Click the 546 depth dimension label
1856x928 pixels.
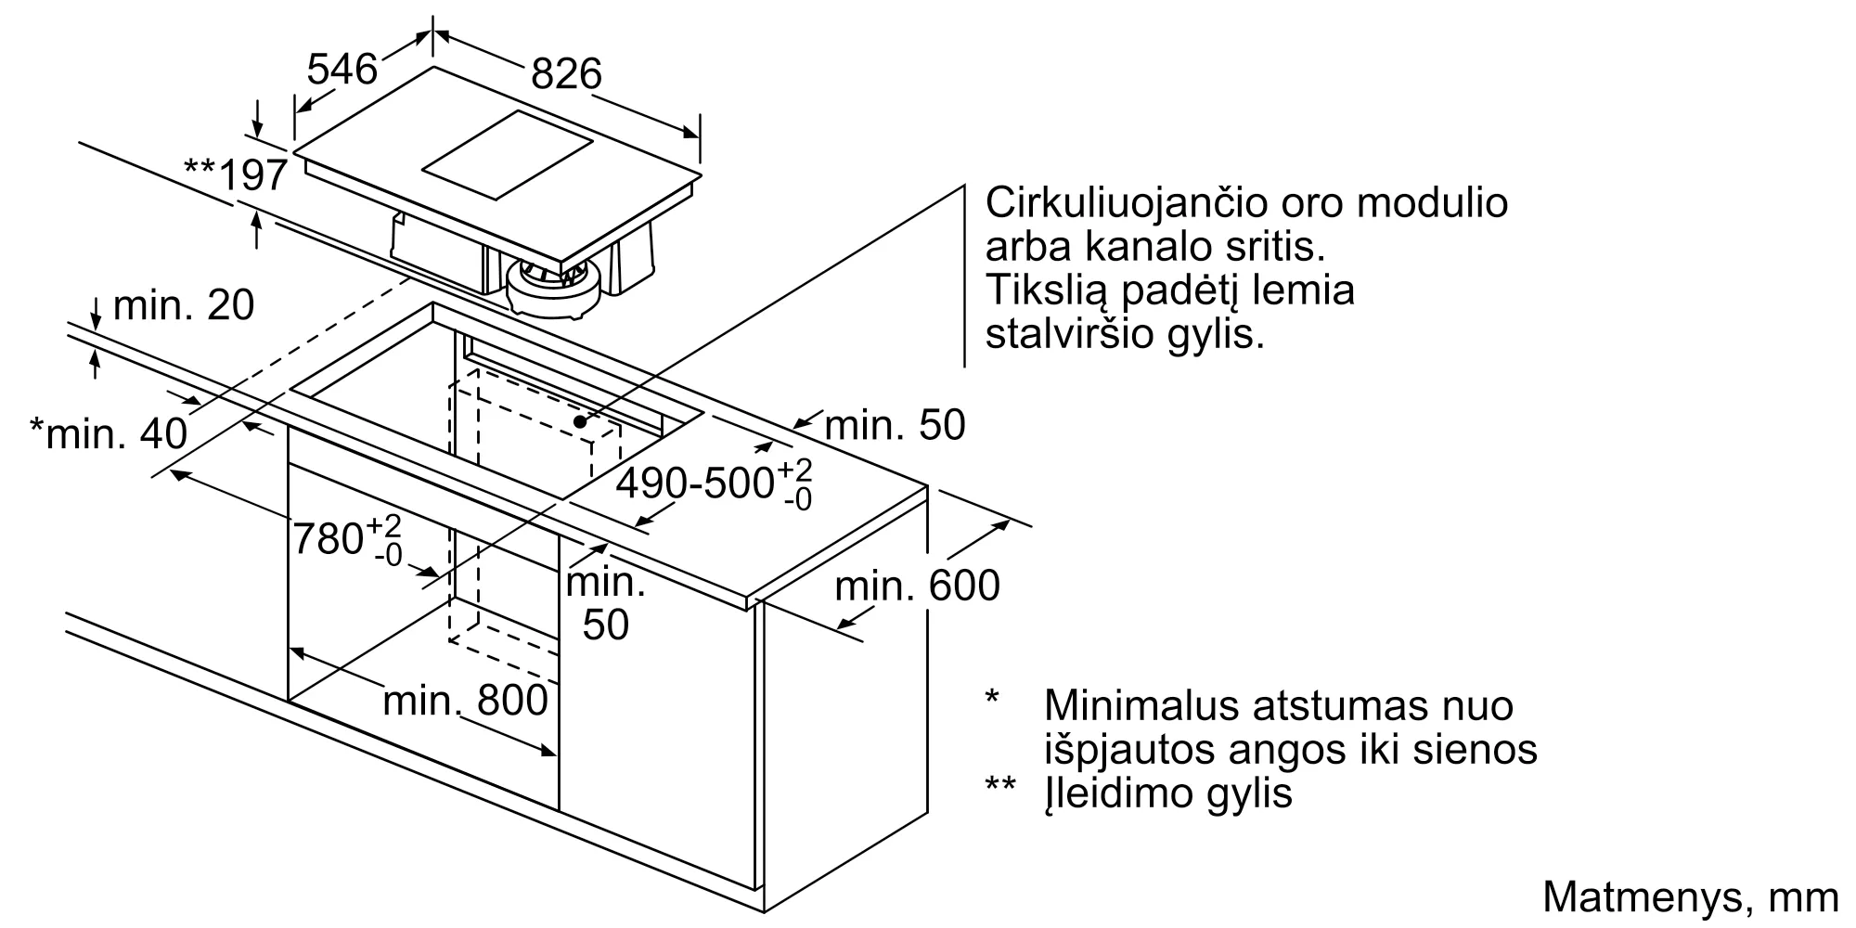342,70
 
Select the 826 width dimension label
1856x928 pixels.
566,73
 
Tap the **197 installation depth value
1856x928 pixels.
236,174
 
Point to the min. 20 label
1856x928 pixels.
184,304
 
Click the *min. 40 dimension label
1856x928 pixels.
109,432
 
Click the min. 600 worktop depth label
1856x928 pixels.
917,586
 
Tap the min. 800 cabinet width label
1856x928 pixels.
465,701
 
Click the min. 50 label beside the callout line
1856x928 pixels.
895,425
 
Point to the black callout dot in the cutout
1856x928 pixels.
580,420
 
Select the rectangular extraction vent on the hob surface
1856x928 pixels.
507,155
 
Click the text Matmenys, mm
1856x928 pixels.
1690,897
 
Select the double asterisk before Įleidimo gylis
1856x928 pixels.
999,785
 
